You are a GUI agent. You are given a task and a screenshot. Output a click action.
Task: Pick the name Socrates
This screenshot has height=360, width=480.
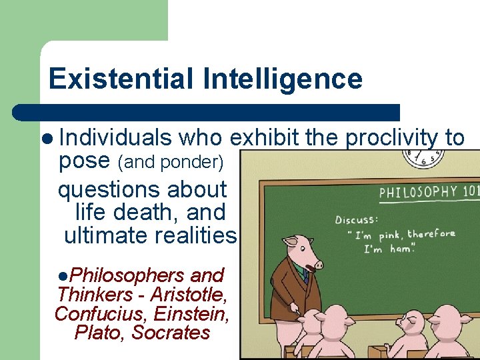pos(171,332)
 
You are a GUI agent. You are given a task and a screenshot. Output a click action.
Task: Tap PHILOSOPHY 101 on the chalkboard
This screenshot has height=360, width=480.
pos(427,193)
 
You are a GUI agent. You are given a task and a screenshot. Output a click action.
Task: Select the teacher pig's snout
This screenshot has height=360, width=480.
pos(317,265)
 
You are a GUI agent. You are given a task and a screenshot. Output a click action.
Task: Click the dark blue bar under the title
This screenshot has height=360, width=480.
pos(207,112)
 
